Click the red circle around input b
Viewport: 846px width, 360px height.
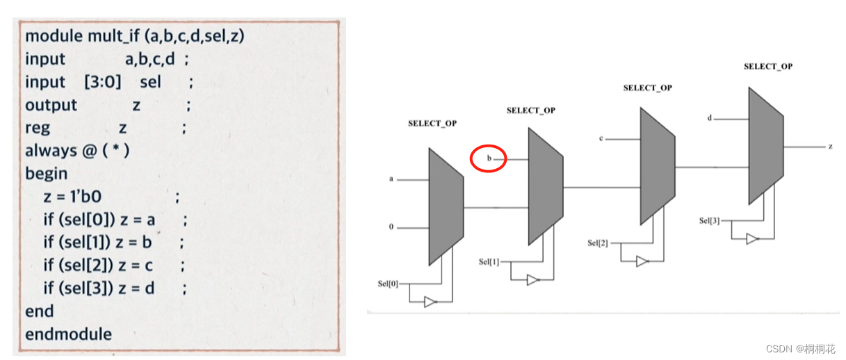488,159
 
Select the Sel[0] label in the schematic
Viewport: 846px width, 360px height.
388,284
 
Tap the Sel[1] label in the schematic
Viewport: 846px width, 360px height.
489,262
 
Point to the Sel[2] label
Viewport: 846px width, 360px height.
598,243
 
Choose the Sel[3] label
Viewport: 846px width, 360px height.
710,221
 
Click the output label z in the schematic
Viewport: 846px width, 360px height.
830,147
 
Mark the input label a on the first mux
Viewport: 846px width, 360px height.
391,179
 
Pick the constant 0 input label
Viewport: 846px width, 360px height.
391,227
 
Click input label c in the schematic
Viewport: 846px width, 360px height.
600,139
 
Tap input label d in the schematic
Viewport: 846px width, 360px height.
710,118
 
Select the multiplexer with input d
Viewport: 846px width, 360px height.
765,146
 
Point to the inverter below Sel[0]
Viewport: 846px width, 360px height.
430,302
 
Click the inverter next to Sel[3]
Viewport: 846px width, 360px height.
751,239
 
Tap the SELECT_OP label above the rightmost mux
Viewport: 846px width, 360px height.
767,67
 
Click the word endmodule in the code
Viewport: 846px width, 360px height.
68,334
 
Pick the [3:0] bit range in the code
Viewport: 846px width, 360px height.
102,82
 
